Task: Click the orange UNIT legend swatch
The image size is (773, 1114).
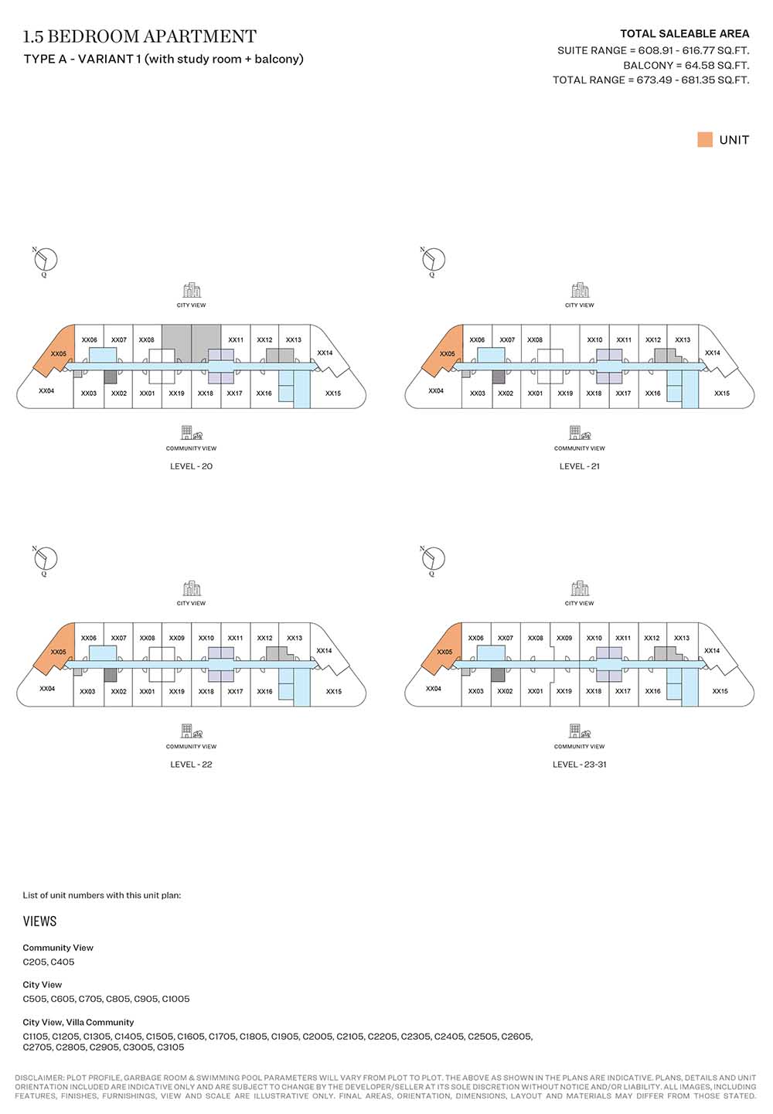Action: pyautogui.click(x=704, y=140)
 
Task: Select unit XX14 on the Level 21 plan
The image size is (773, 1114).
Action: pyautogui.click(x=712, y=353)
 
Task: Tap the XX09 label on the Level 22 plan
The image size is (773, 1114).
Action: pyautogui.click(x=176, y=639)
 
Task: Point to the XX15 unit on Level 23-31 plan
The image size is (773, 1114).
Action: pyautogui.click(x=720, y=691)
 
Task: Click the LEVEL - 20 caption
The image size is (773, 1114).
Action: pyautogui.click(x=191, y=466)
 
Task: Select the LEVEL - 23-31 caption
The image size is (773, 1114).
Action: pyautogui.click(x=579, y=765)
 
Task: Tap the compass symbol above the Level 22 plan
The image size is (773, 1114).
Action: pyautogui.click(x=46, y=558)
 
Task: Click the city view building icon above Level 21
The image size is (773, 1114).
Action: pyautogui.click(x=580, y=291)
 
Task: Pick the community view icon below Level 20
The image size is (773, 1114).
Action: pyautogui.click(x=191, y=433)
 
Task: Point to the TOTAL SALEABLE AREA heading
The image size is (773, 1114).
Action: pyautogui.click(x=684, y=34)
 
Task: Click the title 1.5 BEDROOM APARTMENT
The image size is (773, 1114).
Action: pyautogui.click(x=140, y=36)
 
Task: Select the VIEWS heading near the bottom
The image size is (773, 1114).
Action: pyautogui.click(x=39, y=922)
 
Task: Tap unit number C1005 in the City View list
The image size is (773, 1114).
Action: pyautogui.click(x=175, y=999)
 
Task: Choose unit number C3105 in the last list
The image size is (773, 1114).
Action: pyautogui.click(x=170, y=1048)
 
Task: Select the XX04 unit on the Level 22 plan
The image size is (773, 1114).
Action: pyautogui.click(x=47, y=688)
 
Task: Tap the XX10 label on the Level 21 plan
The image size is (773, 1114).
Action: pyautogui.click(x=594, y=340)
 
